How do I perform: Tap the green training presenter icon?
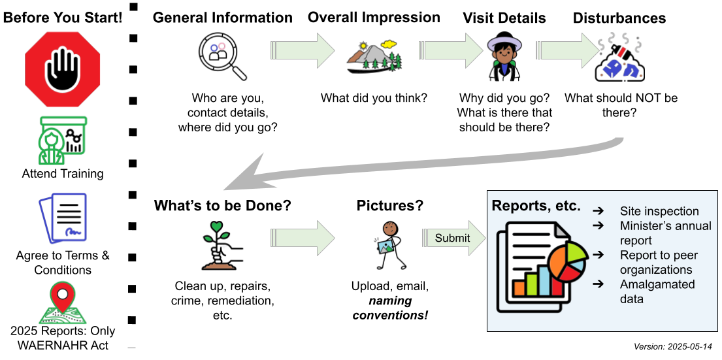(x=63, y=140)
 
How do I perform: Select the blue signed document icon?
(x=63, y=218)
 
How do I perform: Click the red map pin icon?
(x=63, y=302)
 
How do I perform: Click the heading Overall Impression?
(x=374, y=18)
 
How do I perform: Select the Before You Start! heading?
(x=63, y=18)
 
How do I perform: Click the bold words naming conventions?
(x=390, y=308)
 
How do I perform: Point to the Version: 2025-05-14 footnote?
(x=672, y=347)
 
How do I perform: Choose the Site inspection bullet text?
(x=659, y=211)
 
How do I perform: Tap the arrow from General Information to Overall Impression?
(x=302, y=50)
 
